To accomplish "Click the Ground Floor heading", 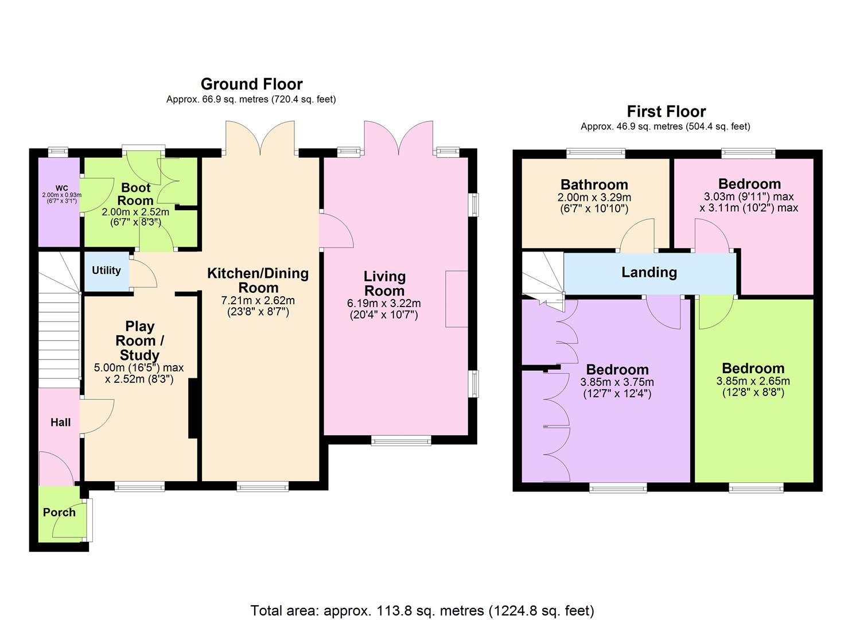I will point(251,84).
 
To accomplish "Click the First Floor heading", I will point(666,111).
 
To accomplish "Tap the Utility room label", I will point(106,270).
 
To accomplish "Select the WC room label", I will point(61,188).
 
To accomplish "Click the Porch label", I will point(59,513).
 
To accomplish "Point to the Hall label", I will point(60,423).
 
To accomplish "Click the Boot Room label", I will point(135,194).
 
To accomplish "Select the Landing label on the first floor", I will point(649,272).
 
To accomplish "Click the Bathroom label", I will point(594,184).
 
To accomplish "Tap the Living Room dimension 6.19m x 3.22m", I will point(384,303).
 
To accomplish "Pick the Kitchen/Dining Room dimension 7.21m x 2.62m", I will point(258,300).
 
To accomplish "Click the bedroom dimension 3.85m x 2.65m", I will point(753,381).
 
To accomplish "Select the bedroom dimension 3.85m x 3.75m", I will point(617,382).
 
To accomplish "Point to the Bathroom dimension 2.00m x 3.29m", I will point(594,197).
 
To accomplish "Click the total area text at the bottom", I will point(422,610).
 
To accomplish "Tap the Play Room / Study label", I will point(139,340).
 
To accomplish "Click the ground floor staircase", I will point(59,333).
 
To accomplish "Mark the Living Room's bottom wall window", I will point(400,440).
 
